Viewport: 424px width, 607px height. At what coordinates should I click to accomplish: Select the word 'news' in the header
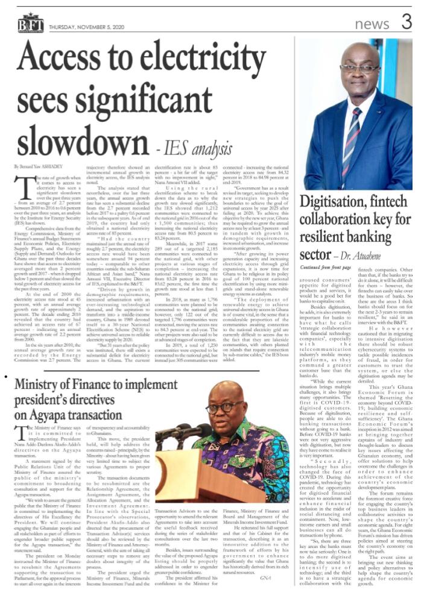coord(372,24)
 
